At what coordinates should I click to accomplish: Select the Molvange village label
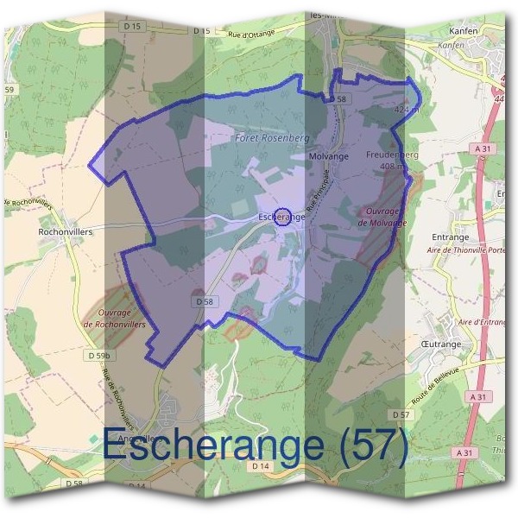point(328,156)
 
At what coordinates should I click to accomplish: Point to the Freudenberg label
point(392,155)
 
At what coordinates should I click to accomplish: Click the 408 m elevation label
point(392,167)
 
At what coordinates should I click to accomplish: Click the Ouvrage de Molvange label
point(381,217)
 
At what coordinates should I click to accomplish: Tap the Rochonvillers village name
point(66,232)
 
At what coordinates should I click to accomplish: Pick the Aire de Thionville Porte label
point(471,250)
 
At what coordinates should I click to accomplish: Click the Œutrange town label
point(442,344)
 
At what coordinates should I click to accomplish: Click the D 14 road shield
point(262,465)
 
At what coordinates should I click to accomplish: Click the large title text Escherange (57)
point(256,445)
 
